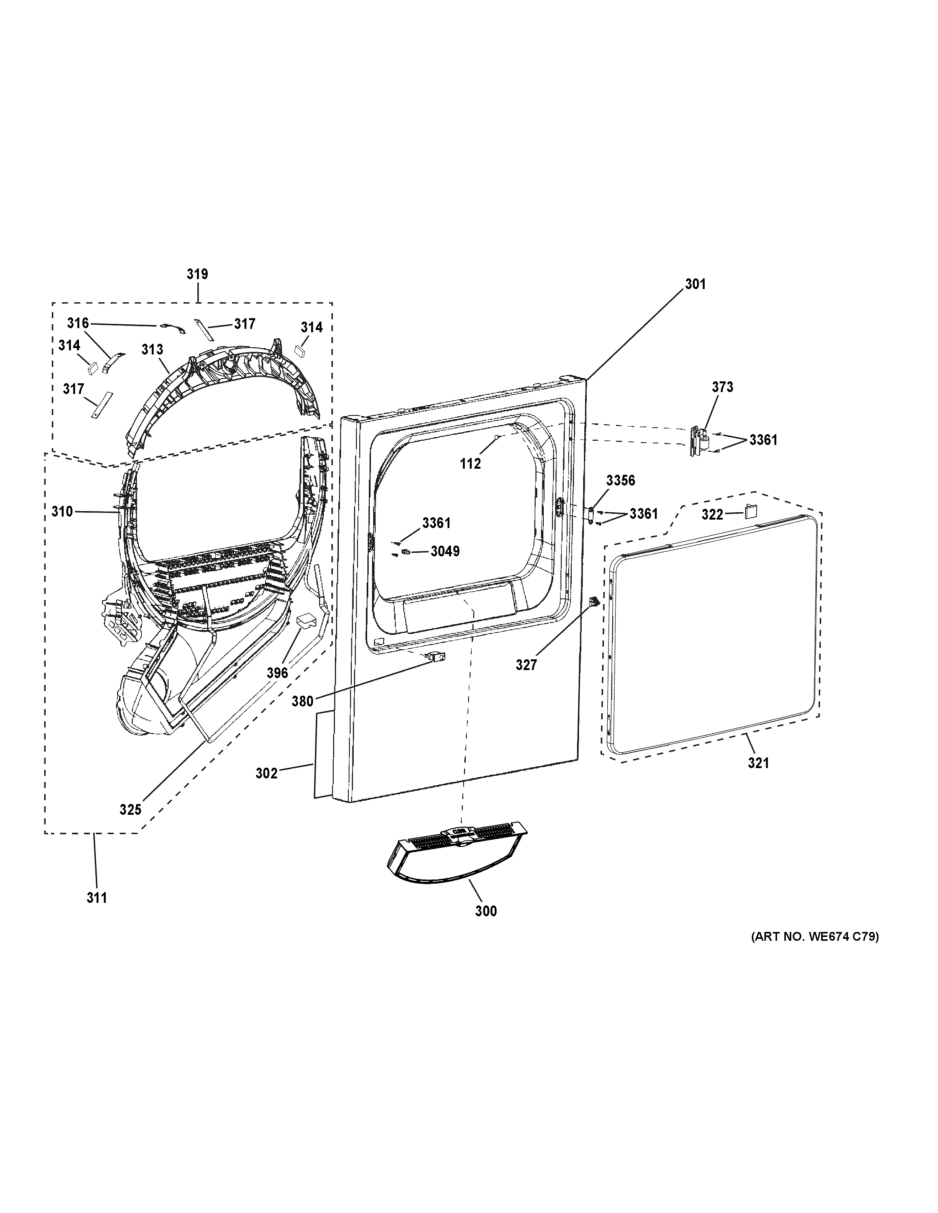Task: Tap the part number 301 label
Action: point(695,284)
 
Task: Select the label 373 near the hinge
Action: point(722,387)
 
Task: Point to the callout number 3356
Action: point(620,481)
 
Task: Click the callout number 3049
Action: point(445,551)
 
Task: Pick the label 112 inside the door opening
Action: point(470,464)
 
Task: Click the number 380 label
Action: point(303,701)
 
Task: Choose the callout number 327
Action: point(526,664)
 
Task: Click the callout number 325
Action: point(131,810)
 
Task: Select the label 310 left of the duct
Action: point(62,512)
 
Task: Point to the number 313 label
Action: point(152,349)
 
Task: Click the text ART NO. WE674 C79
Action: point(815,937)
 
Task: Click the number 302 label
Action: point(266,773)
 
